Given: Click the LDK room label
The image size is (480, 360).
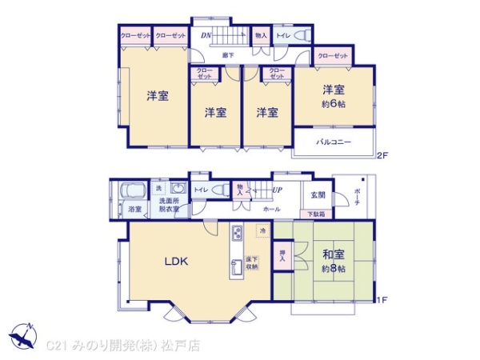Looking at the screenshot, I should click(x=176, y=260).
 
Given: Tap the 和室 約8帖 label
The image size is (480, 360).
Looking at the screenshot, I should click(x=334, y=261).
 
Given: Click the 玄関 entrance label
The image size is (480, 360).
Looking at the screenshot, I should click(x=318, y=195).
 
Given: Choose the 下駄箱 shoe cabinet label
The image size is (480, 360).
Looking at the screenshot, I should click(x=318, y=214).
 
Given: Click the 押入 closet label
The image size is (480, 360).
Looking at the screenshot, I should click(x=282, y=257).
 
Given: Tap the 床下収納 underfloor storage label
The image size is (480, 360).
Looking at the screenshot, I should click(x=252, y=264).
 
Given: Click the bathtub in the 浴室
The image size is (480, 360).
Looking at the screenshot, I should click(x=130, y=193).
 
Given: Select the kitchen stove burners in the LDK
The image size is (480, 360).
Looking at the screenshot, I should click(x=238, y=234).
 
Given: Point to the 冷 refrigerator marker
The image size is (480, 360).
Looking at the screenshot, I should click(x=262, y=230).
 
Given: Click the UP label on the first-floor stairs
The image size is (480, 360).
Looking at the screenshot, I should click(x=277, y=191).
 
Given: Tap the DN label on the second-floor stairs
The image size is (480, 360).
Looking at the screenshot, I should click(x=206, y=35).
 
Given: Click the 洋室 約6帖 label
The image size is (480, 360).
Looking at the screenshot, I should click(x=333, y=96).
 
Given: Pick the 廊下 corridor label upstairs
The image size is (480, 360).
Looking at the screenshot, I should click(x=228, y=54).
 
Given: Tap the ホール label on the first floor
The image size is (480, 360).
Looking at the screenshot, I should click(x=271, y=209).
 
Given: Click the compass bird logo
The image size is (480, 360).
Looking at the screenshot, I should click(x=22, y=335).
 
